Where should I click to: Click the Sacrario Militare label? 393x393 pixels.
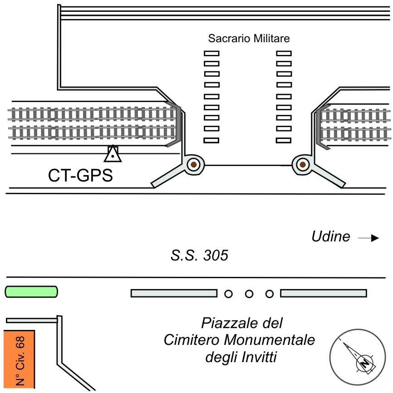[x=249, y=39]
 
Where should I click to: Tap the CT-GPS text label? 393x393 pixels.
[x=80, y=176]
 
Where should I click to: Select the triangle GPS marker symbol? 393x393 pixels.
[x=112, y=155]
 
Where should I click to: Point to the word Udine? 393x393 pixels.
[x=331, y=236]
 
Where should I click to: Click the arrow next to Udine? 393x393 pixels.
[x=368, y=237]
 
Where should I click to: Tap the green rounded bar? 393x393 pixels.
[x=31, y=291]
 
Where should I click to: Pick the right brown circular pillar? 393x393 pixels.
[x=302, y=165]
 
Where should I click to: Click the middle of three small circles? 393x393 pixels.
[x=249, y=294]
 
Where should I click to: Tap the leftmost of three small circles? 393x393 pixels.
[x=228, y=294]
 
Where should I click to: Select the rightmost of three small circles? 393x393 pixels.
[x=270, y=294]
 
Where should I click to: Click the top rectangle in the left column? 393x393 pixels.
[x=211, y=53]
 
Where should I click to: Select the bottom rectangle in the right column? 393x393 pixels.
[x=284, y=140]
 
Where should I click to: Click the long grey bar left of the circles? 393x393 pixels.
[x=174, y=294]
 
